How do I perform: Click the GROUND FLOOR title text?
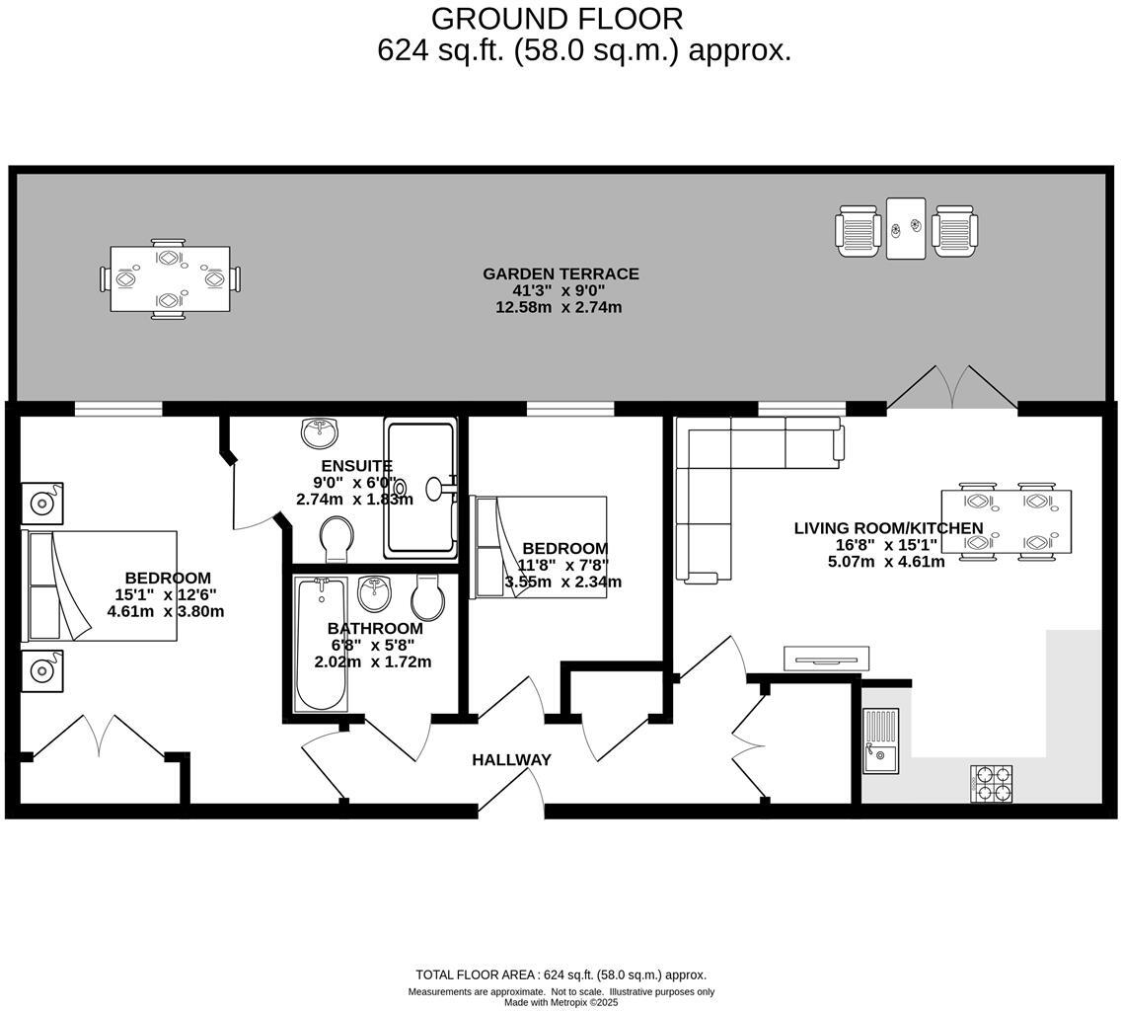pyautogui.click(x=557, y=19)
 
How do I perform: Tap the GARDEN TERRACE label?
pyautogui.click(x=560, y=273)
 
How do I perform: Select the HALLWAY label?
pyautogui.click(x=511, y=759)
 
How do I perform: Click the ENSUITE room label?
pyautogui.click(x=356, y=465)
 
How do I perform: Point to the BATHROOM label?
pyautogui.click(x=375, y=628)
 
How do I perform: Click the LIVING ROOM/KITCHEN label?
pyautogui.click(x=888, y=528)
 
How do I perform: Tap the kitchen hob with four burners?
pyautogui.click(x=991, y=783)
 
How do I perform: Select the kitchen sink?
pyautogui.click(x=880, y=740)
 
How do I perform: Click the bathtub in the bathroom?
pyautogui.click(x=321, y=644)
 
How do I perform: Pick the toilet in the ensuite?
pyautogui.click(x=337, y=539)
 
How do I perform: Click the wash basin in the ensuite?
pyautogui.click(x=319, y=431)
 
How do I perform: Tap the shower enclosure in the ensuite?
pyautogui.click(x=421, y=488)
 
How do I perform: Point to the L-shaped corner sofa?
pyautogui.click(x=730, y=474)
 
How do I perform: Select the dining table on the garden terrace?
pyautogui.click(x=170, y=278)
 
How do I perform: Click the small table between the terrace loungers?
pyautogui.click(x=906, y=228)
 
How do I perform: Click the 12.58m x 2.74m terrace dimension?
pyautogui.click(x=559, y=307)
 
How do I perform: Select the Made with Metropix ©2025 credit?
pyautogui.click(x=560, y=1002)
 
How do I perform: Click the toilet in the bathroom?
pyautogui.click(x=428, y=597)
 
